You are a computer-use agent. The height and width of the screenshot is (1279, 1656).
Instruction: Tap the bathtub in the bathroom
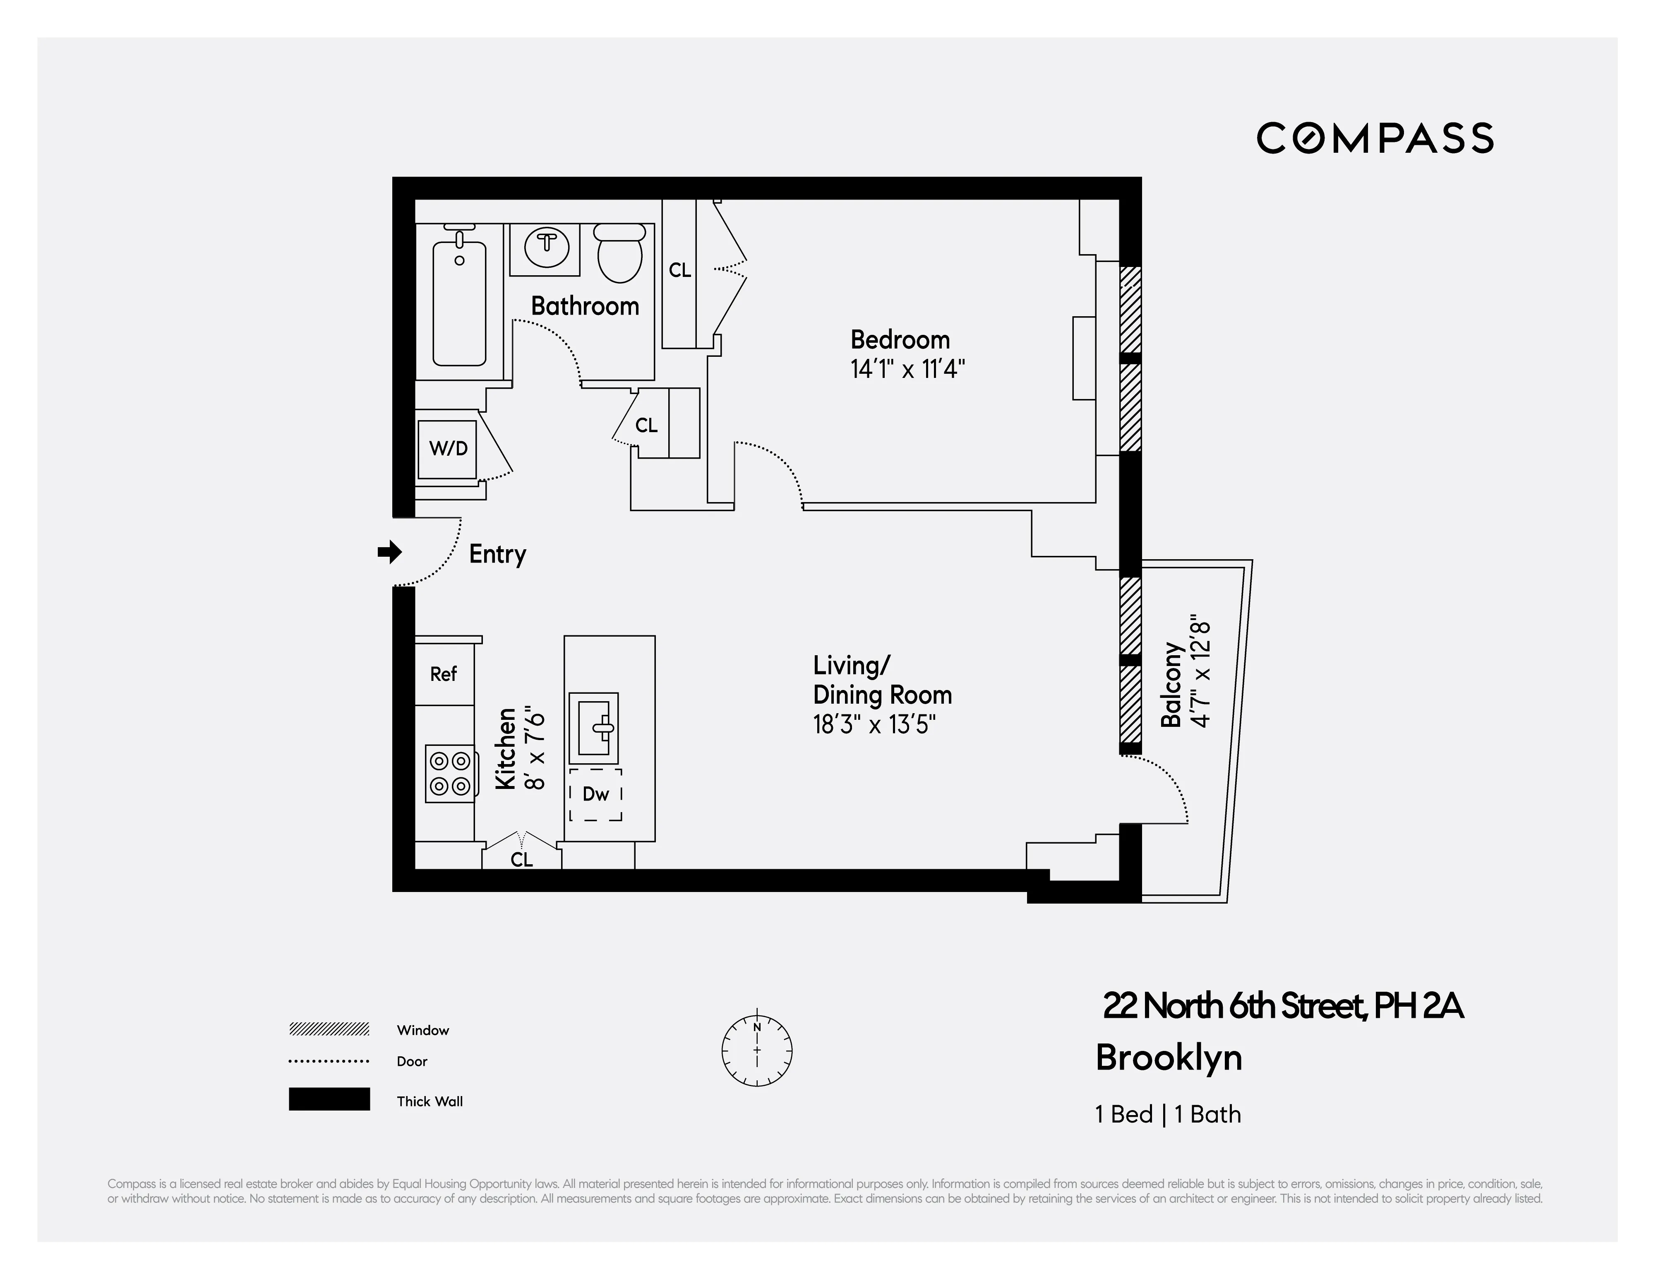(459, 303)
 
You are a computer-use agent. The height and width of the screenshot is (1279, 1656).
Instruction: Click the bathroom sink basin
(547, 249)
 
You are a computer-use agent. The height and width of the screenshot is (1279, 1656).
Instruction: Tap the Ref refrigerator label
(444, 673)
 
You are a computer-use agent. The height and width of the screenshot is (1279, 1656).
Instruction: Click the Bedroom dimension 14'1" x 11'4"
(907, 370)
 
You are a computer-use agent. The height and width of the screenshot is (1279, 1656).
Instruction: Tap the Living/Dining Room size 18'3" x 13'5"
(874, 724)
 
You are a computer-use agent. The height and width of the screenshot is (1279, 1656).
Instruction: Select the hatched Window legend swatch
(329, 1029)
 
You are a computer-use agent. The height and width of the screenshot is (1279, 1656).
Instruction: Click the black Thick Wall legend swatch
(329, 1099)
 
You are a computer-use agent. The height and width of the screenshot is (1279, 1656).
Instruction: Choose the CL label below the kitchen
(522, 859)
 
